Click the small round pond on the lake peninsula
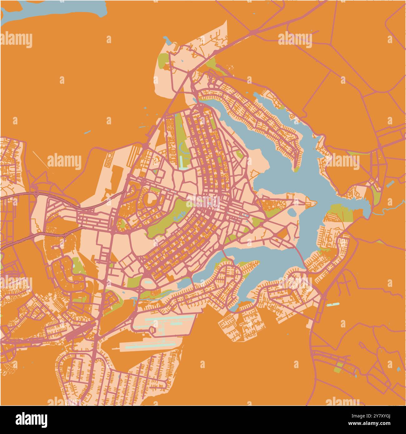(292, 213)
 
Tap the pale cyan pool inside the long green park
(183, 168)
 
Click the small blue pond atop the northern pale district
(167, 40)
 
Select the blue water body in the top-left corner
(53, 9)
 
